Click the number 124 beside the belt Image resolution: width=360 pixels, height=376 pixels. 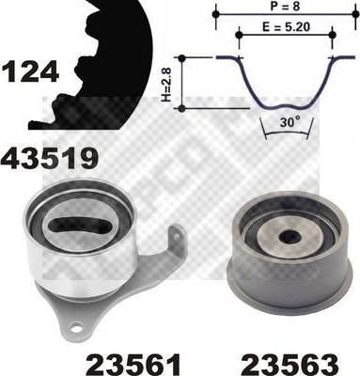point(30,71)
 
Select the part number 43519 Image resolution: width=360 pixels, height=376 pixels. point(49,159)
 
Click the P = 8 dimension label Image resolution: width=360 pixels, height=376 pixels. point(284,7)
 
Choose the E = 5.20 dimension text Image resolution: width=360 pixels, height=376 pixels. point(286,27)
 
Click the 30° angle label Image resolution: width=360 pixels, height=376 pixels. point(288,122)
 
